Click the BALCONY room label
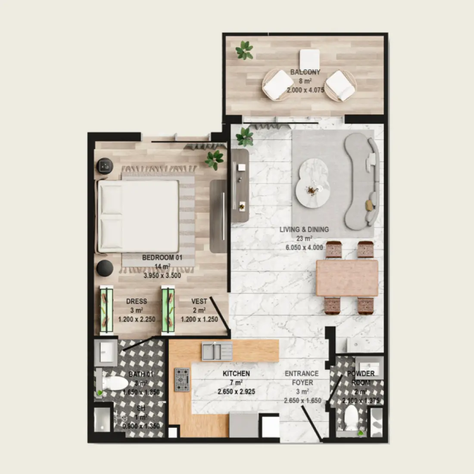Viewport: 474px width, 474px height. coord(305,72)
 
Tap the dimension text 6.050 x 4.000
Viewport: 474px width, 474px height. coord(304,247)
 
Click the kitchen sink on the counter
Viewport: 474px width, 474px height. coord(217,351)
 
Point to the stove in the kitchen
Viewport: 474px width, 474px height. coord(182,380)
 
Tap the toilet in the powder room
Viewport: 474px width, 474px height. coord(352,418)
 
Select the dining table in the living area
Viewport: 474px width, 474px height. coord(347,278)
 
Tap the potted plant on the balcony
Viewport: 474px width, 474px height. coord(244,50)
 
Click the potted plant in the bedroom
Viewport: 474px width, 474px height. coord(214,159)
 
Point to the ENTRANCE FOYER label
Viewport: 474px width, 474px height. coord(302,378)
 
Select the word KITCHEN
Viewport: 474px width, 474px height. coord(236,374)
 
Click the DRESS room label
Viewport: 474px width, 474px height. coord(137,301)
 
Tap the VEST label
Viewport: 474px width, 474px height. coord(199,301)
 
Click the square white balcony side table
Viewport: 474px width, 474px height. coord(309,59)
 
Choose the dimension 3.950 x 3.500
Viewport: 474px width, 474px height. coord(162,275)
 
